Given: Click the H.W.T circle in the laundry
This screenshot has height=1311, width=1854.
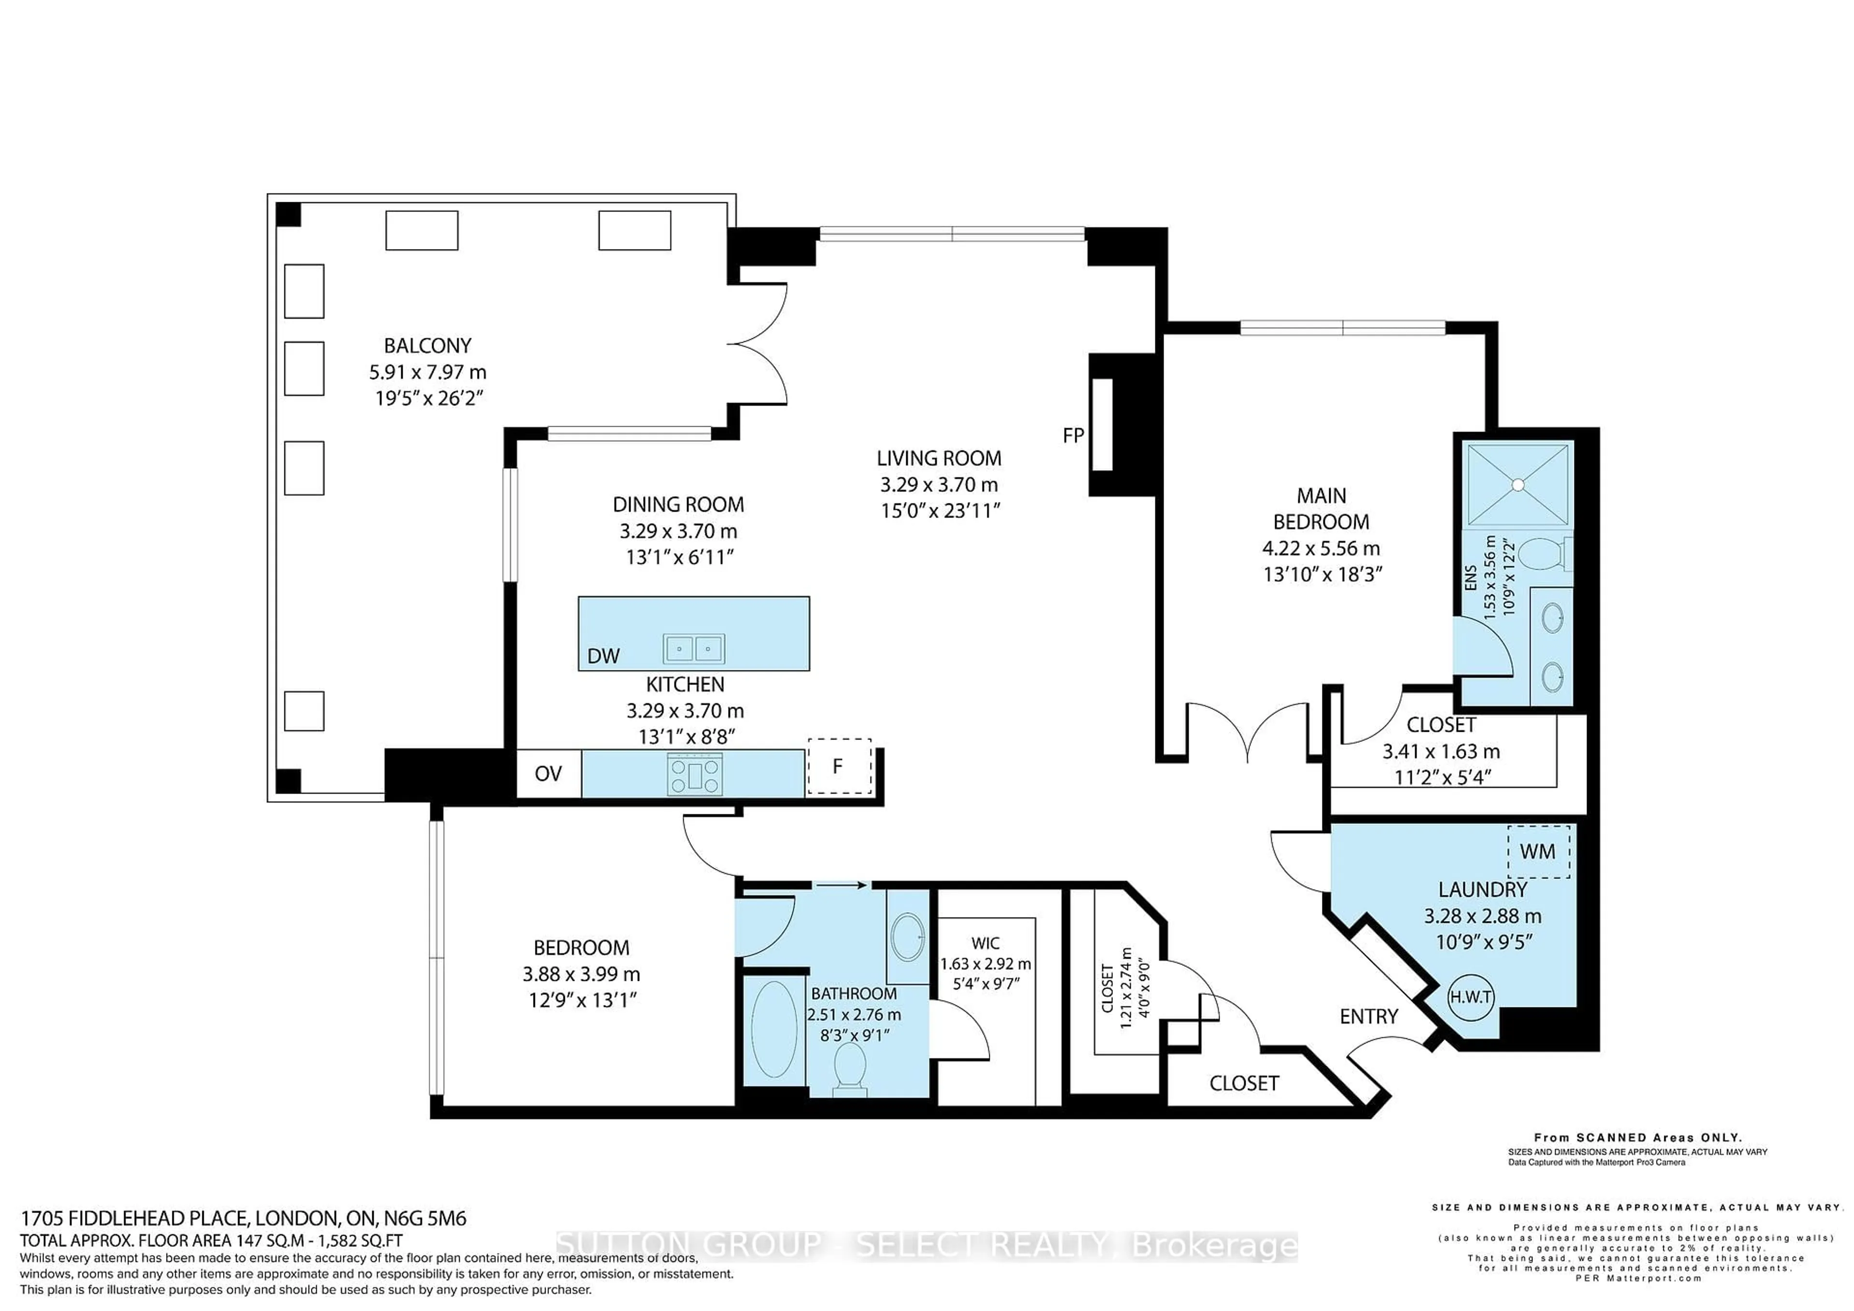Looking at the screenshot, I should coord(1471,997).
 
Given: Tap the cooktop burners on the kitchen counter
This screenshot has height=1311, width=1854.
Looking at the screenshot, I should coord(694,774).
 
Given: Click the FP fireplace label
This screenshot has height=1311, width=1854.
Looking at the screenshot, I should coord(1073,436).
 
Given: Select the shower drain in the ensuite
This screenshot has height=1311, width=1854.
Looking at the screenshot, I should coord(1518,484).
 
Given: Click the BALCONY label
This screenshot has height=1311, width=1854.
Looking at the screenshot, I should coord(427,346).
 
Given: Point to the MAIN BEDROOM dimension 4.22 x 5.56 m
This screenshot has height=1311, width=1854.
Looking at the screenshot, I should coord(1321,548).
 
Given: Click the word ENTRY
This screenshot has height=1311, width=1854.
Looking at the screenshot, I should coord(1369,1017).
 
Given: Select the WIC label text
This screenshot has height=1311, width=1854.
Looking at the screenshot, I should coord(985,943).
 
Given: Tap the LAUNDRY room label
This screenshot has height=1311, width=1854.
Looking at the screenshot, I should coord(1483,890).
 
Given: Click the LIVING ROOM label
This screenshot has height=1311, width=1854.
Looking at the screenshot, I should coord(939,459).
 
